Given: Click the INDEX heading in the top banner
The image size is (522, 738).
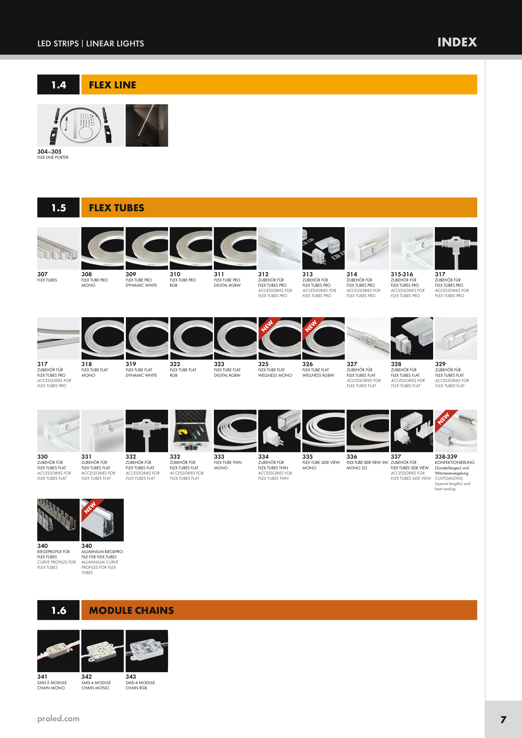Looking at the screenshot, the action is [457, 42].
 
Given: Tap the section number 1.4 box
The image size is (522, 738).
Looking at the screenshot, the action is [58, 85].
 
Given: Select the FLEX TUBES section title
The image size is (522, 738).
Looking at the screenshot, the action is [116, 208].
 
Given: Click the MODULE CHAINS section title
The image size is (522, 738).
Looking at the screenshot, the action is [131, 610].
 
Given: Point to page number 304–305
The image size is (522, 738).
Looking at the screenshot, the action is [49, 151].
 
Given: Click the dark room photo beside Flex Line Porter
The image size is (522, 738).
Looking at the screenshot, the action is [147, 125].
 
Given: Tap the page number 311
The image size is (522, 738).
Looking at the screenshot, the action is [219, 274].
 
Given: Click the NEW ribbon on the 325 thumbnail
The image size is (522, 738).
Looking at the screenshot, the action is [268, 326].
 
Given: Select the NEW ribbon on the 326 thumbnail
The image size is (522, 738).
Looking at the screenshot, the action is [311, 326].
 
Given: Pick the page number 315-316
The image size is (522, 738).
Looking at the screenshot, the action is [402, 274].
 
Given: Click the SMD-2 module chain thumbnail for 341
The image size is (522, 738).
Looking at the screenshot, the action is [58, 651].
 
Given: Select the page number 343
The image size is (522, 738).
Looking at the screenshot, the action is [131, 677].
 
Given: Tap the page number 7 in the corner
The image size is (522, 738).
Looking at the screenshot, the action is [503, 719].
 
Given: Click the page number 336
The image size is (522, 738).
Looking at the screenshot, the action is [352, 456].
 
